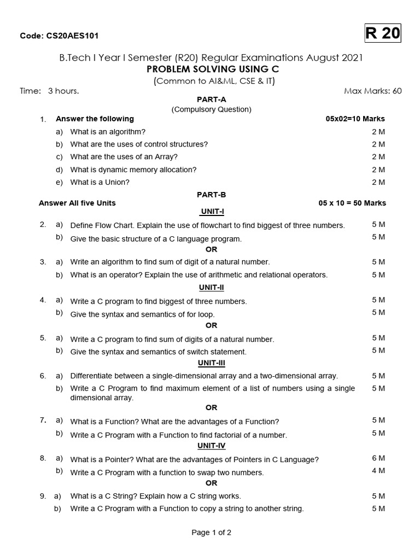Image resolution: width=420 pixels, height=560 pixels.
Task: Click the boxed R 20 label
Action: (x=383, y=34)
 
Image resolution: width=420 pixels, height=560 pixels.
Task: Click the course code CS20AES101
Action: (x=59, y=36)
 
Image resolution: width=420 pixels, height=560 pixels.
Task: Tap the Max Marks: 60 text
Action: (x=372, y=91)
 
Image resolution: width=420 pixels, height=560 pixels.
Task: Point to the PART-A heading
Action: (x=211, y=100)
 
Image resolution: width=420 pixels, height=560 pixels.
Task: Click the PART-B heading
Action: (x=211, y=194)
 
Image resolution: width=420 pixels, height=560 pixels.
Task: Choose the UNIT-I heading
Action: (x=211, y=211)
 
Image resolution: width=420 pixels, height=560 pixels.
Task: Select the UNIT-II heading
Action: (x=211, y=287)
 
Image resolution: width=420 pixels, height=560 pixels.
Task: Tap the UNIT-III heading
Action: (x=211, y=363)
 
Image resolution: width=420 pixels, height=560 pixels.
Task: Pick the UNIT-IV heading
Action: (x=211, y=446)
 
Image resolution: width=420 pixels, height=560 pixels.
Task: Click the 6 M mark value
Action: (x=378, y=458)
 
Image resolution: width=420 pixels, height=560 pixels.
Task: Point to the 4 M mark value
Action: (x=378, y=470)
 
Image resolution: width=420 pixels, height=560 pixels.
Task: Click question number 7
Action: (x=42, y=420)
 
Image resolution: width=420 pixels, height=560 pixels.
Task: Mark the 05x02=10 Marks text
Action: (x=355, y=119)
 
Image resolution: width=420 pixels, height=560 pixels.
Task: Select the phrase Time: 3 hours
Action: (x=49, y=91)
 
